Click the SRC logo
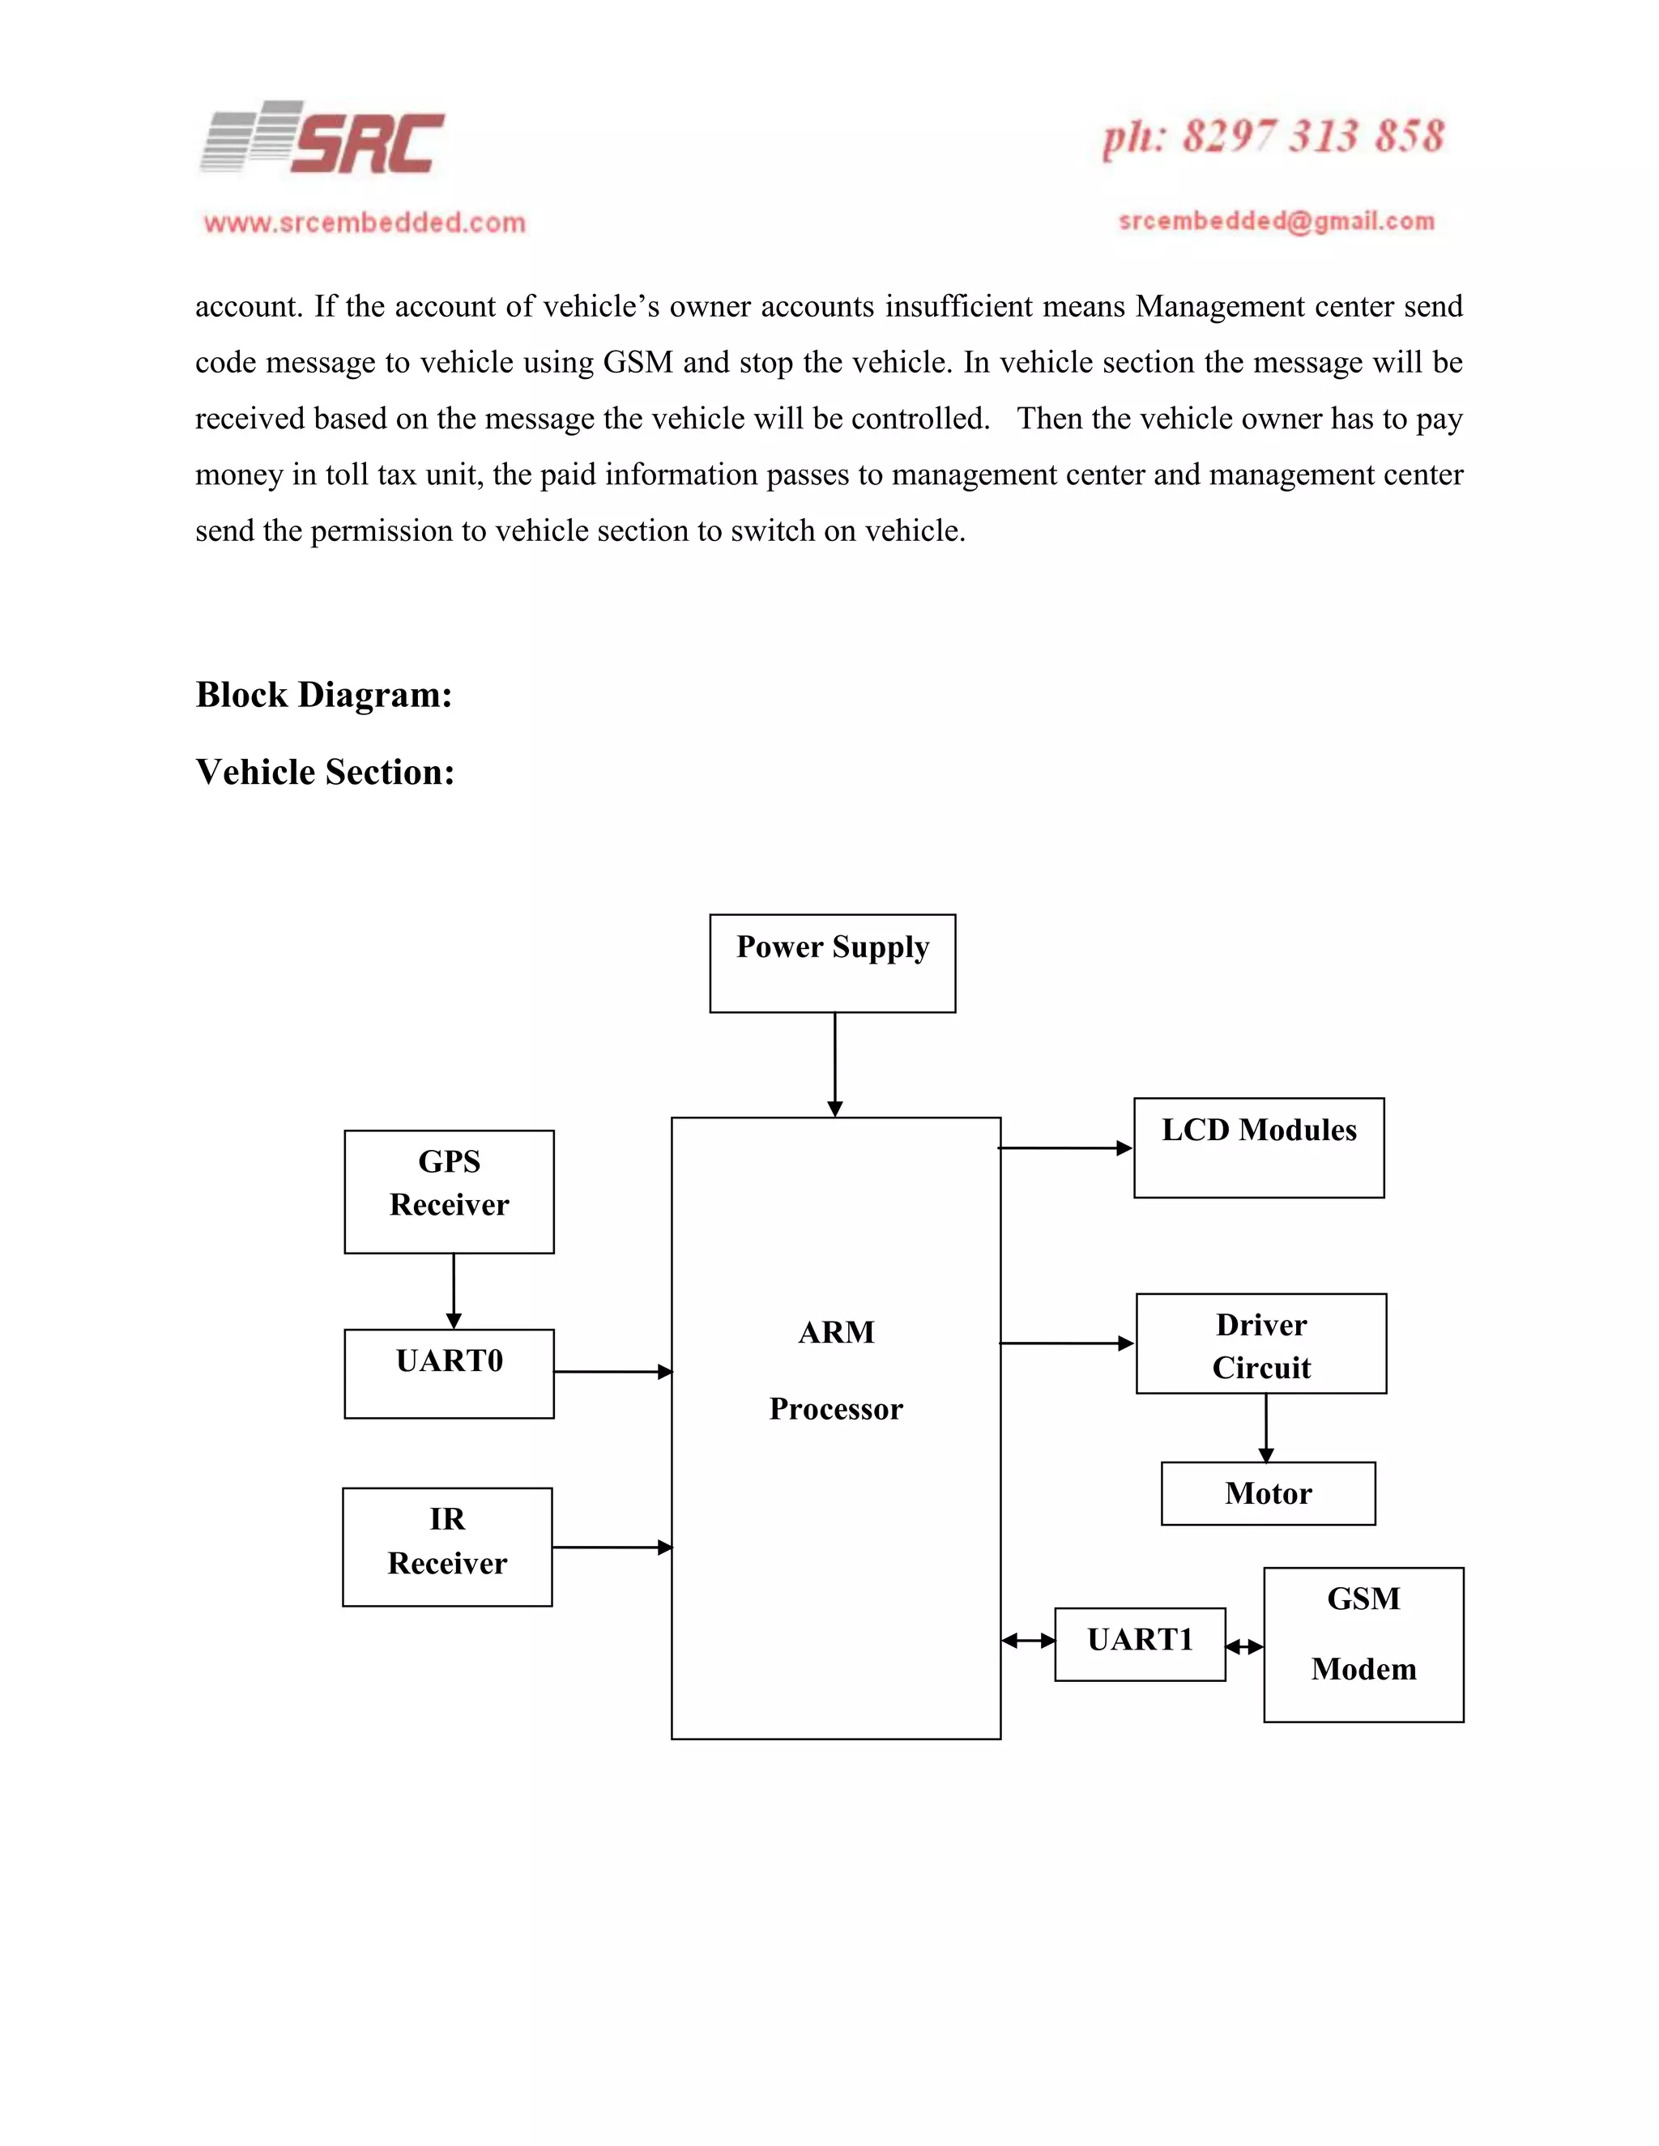(324, 139)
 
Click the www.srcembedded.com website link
(365, 223)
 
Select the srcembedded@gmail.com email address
(1277, 221)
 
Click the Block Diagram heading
(323, 695)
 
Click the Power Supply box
(833, 963)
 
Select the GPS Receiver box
(449, 1191)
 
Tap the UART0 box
(449, 1373)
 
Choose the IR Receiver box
(447, 1547)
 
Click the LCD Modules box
(1259, 1147)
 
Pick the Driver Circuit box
(1261, 1343)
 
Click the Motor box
(1268, 1493)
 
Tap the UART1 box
(1140, 1644)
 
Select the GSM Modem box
(1363, 1644)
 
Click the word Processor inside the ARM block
(835, 1409)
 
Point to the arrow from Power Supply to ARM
(834, 1064)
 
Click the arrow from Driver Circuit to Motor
(1266, 1427)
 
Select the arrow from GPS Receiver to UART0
(453, 1290)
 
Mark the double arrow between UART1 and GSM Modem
(1244, 1647)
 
